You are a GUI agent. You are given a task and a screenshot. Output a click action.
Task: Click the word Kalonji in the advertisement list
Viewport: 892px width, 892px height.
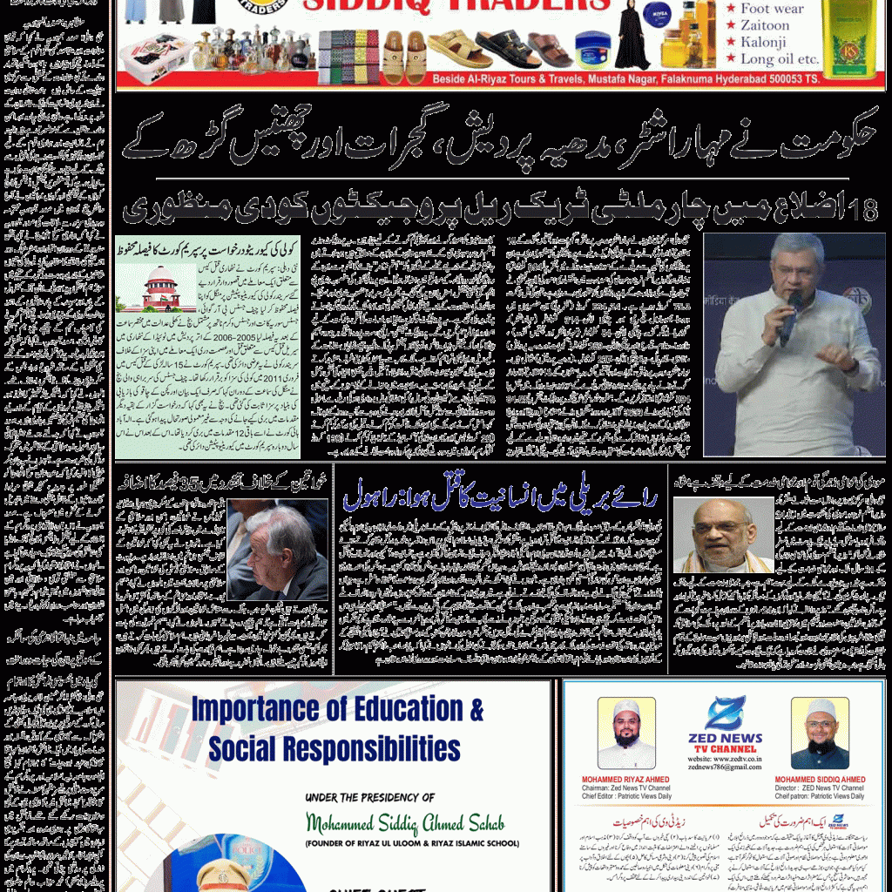coord(763,42)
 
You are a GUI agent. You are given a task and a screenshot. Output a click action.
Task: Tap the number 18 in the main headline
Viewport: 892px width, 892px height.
coord(863,211)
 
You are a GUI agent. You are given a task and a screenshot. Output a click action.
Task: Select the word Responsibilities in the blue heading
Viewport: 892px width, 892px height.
coord(375,748)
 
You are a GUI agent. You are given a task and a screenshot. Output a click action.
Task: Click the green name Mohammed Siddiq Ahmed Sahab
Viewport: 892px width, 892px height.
coord(405,822)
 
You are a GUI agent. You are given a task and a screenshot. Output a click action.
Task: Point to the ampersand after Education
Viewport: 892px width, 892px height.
coord(476,709)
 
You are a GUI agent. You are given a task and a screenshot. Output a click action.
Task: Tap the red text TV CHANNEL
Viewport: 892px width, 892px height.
coord(725,749)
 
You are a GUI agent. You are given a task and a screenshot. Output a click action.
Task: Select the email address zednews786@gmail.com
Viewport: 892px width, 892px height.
coord(725,767)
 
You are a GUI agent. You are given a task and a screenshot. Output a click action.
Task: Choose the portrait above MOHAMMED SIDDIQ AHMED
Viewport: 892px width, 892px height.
coord(820,733)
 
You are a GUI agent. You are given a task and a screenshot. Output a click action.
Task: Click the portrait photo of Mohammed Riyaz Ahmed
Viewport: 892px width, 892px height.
coord(626,733)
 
